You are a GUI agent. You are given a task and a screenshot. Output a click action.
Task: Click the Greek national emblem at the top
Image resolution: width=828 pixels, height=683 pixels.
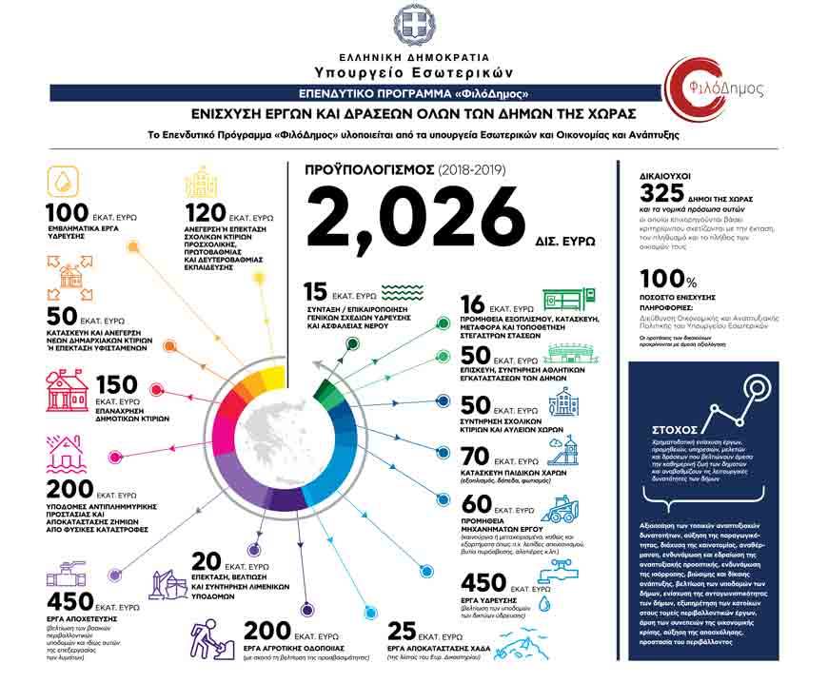click(x=415, y=23)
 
